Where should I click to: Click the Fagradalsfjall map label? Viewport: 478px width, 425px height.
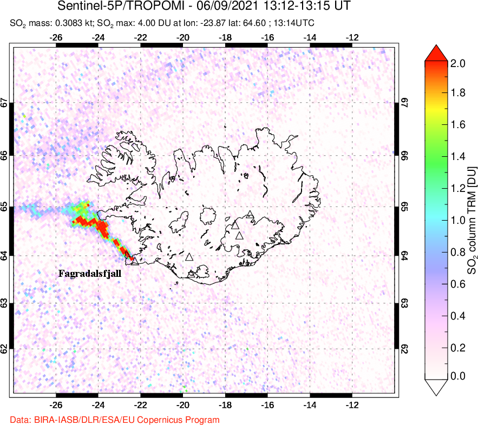click(x=90, y=274)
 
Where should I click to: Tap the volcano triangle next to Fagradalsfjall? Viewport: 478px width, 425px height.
click(x=134, y=262)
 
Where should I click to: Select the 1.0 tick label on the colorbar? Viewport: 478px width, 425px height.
click(x=458, y=220)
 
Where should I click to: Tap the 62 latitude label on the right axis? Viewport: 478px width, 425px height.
click(x=404, y=349)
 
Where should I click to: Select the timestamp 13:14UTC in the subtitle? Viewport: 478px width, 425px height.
click(x=293, y=23)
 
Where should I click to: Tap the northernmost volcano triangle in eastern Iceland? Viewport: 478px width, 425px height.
click(x=249, y=215)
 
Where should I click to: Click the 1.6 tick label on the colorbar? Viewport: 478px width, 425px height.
click(x=458, y=125)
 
